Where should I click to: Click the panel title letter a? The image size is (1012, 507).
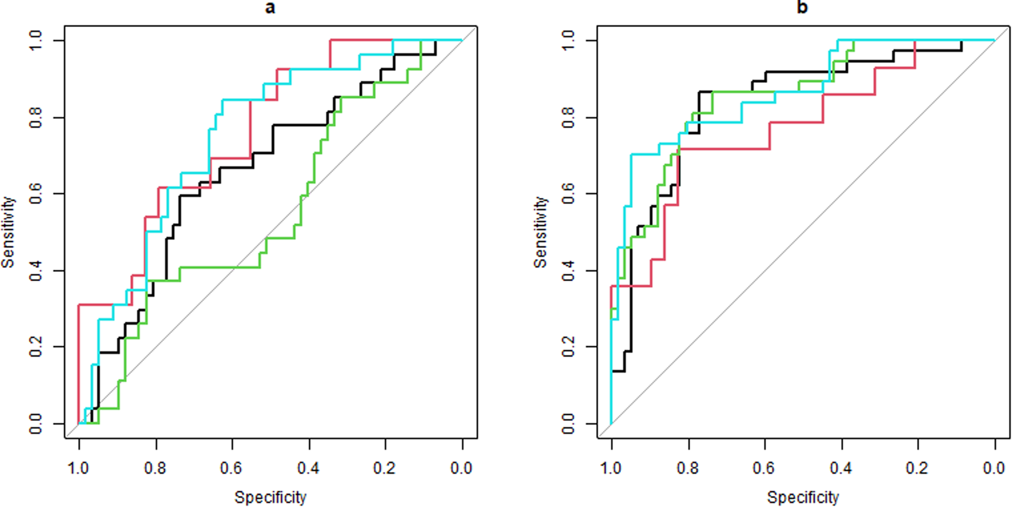pyautogui.click(x=270, y=8)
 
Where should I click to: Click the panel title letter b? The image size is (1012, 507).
pyautogui.click(x=802, y=8)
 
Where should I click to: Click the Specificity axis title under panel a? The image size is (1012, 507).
pyautogui.click(x=271, y=497)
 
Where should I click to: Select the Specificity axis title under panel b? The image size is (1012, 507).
pyautogui.click(x=803, y=497)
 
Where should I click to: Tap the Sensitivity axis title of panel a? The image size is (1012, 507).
pyautogui.click(x=8, y=232)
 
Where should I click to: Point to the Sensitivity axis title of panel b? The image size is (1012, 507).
pyautogui.click(x=541, y=232)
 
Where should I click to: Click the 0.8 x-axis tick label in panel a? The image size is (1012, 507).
pyautogui.click(x=156, y=468)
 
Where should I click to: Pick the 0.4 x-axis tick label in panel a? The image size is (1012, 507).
pyautogui.click(x=309, y=468)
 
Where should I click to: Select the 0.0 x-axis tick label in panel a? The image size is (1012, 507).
pyautogui.click(x=462, y=468)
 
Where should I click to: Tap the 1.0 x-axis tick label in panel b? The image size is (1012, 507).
pyautogui.click(x=611, y=468)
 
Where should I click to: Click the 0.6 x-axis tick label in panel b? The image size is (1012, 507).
pyautogui.click(x=764, y=468)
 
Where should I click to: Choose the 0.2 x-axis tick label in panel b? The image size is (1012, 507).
pyautogui.click(x=917, y=468)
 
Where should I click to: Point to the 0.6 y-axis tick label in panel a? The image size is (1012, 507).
pyautogui.click(x=36, y=194)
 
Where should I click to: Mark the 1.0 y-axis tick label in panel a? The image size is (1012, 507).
pyautogui.click(x=36, y=40)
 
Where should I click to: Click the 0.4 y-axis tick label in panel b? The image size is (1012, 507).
pyautogui.click(x=569, y=270)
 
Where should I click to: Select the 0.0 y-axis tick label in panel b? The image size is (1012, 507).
pyautogui.click(x=569, y=424)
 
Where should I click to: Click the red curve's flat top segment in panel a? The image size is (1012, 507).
pyautogui.click(x=360, y=40)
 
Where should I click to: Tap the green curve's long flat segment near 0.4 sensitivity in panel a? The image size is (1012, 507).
pyautogui.click(x=220, y=267)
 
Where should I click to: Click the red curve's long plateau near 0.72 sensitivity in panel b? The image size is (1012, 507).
pyautogui.click(x=723, y=148)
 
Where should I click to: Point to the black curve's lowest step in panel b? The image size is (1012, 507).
pyautogui.click(x=618, y=371)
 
